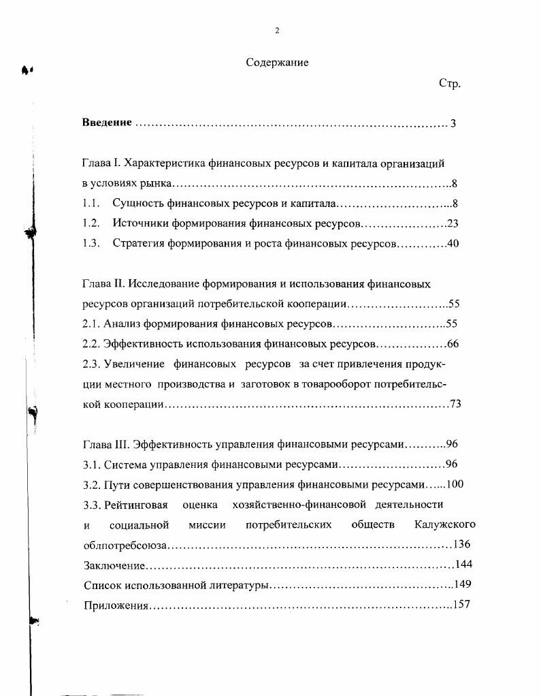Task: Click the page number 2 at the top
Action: click(277, 31)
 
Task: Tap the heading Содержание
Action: click(277, 63)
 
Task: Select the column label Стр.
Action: click(450, 84)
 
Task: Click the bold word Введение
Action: click(107, 123)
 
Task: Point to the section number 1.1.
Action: click(91, 203)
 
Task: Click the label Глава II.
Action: click(103, 283)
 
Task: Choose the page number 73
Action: click(455, 404)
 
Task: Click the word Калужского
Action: click(444, 524)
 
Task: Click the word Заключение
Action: click(114, 565)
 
